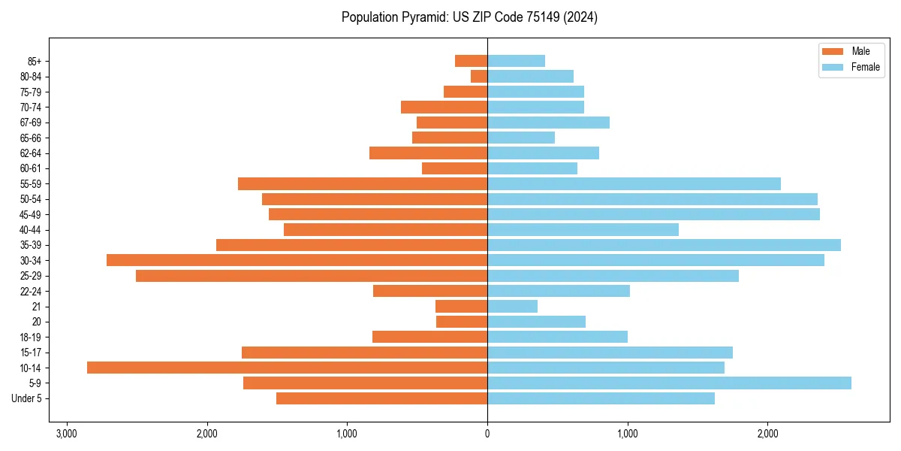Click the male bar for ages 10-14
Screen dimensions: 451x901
pos(287,368)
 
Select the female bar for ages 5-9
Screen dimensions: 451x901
pos(669,383)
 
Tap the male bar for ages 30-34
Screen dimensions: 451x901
pos(297,260)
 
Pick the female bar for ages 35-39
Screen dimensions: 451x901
pos(664,245)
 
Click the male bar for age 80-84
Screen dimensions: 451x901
pos(479,76)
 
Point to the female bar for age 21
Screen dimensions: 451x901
pos(512,307)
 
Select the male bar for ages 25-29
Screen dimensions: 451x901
pos(312,276)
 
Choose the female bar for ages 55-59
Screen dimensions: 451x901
pos(634,183)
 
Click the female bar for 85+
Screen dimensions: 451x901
pos(516,61)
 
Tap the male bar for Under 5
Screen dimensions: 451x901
pos(381,398)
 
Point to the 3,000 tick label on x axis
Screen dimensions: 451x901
pos(67,433)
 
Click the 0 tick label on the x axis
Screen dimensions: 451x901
pos(487,433)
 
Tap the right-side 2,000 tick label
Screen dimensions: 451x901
pos(767,433)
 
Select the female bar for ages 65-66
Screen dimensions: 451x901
pos(521,138)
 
